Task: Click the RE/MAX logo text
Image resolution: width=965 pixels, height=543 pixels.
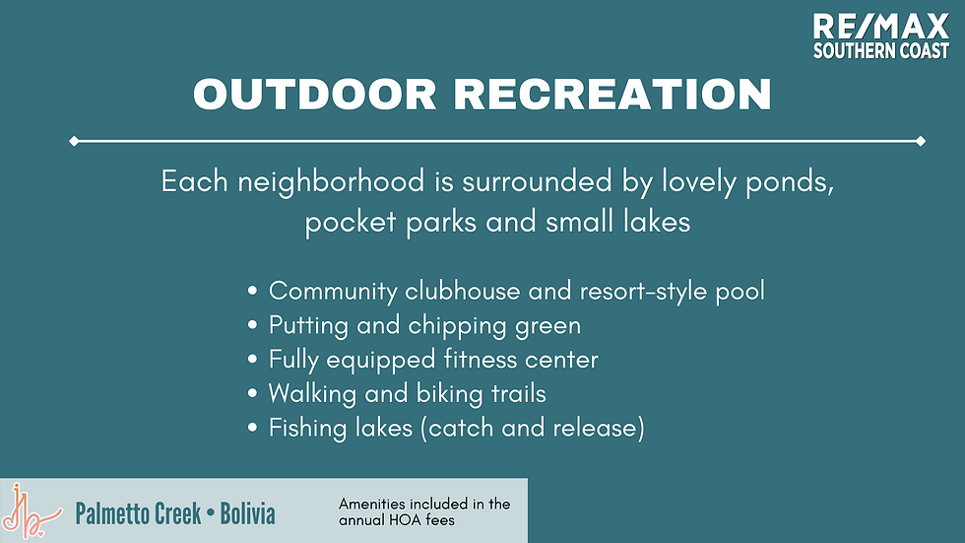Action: click(x=880, y=28)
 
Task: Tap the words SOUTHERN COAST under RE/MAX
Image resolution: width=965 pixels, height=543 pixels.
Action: click(x=880, y=51)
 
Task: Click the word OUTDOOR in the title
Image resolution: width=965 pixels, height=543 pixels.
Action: click(x=315, y=95)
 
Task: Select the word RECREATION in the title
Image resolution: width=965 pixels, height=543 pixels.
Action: click(x=612, y=95)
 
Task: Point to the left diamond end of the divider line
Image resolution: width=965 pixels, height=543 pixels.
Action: click(x=74, y=141)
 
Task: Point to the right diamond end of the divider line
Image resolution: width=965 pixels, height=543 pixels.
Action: click(x=921, y=141)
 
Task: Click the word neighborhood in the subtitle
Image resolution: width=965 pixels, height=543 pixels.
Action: click(x=331, y=182)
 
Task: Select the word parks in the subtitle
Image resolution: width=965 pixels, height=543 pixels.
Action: click(x=441, y=223)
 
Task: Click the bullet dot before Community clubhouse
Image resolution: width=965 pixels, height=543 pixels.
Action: click(x=252, y=291)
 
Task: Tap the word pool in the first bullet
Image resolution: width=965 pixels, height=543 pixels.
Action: click(x=740, y=292)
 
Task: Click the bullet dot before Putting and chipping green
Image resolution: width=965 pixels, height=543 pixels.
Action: click(x=252, y=325)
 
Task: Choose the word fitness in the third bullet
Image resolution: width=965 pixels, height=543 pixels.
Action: click(x=481, y=360)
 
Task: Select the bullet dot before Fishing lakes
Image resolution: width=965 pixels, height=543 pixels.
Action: click(x=252, y=428)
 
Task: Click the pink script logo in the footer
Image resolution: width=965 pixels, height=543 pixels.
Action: click(x=31, y=512)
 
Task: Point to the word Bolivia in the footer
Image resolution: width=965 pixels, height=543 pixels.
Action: click(x=247, y=513)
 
